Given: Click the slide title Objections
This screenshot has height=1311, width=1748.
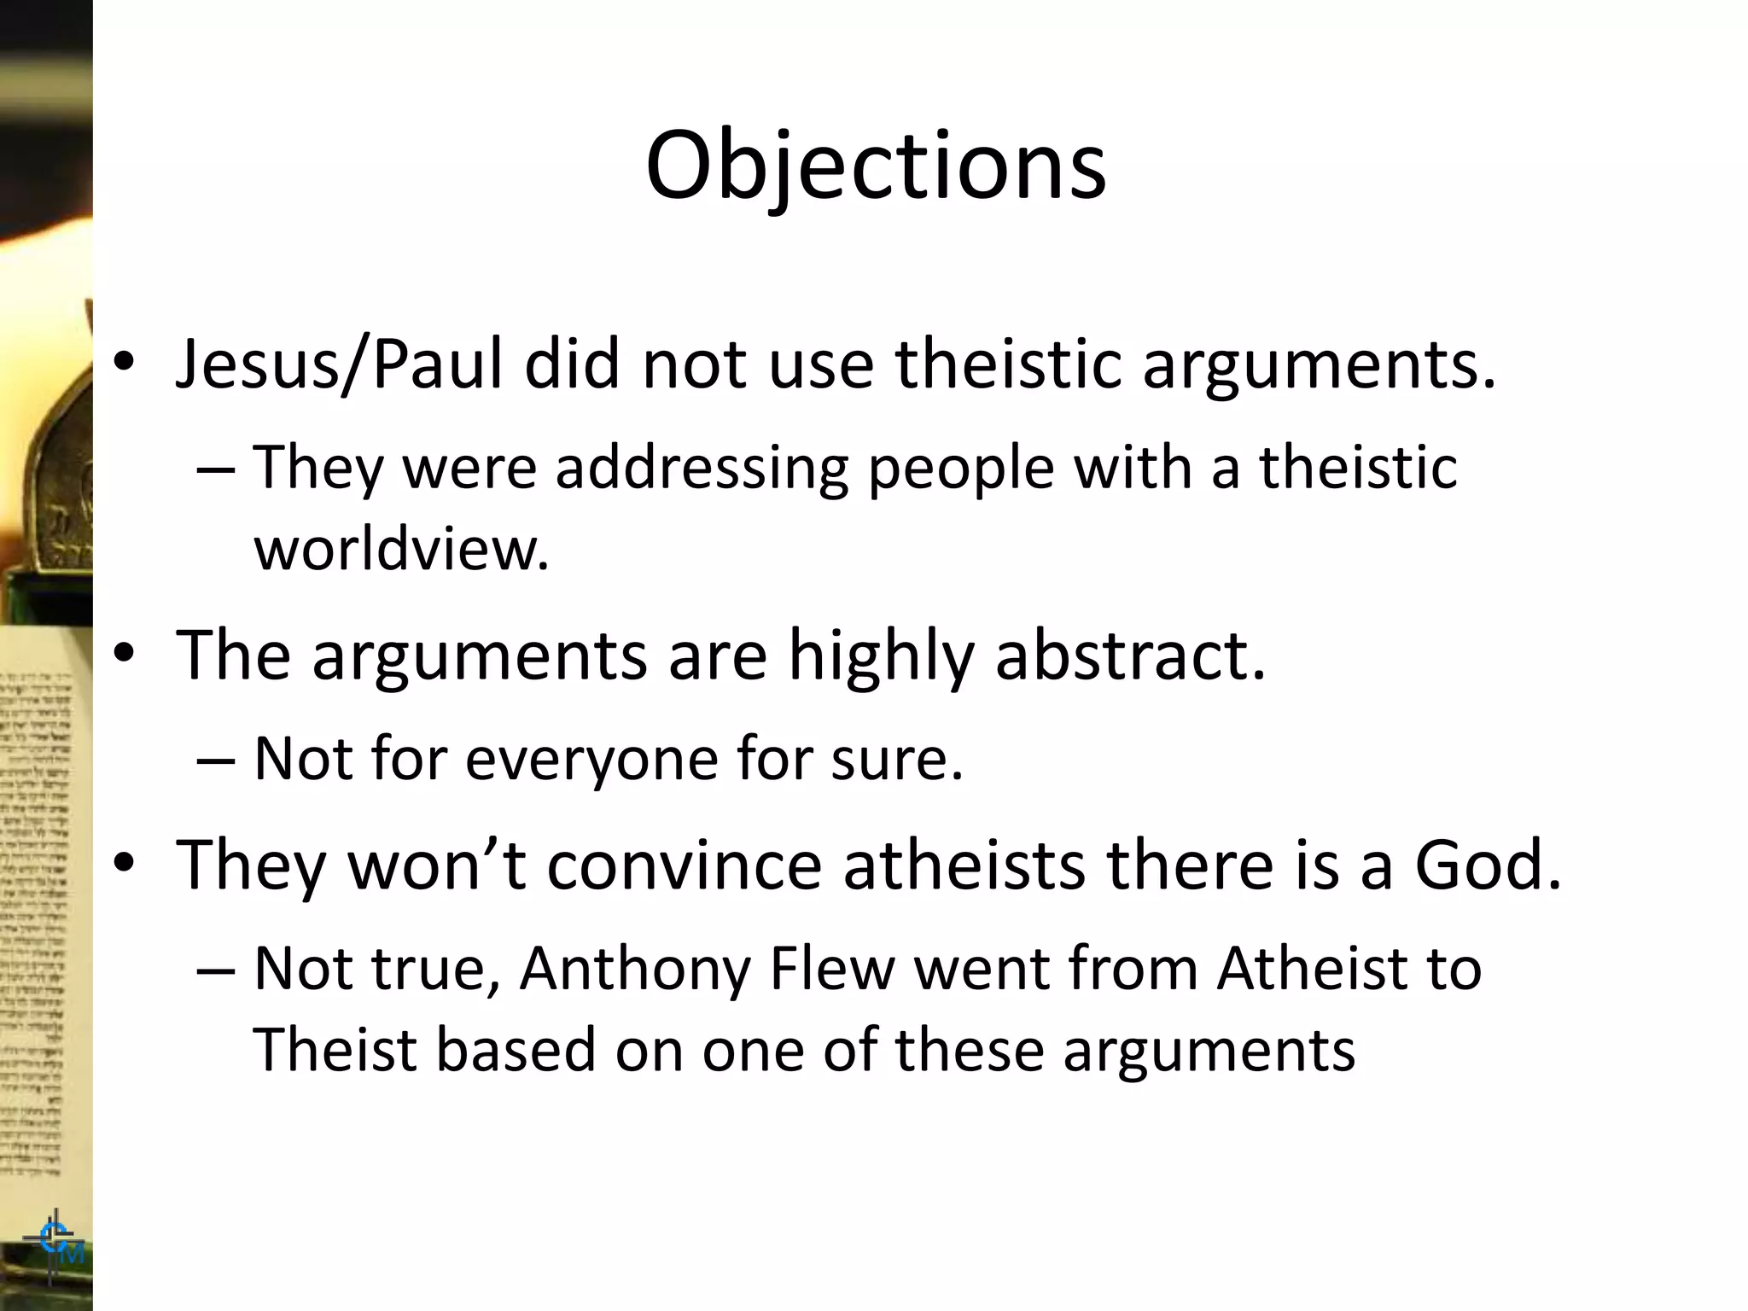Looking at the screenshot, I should [875, 166].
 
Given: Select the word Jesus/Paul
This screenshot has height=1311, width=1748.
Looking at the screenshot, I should [339, 365].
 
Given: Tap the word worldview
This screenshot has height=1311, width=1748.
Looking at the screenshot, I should [401, 548].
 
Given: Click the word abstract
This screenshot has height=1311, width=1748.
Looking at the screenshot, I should [1130, 655].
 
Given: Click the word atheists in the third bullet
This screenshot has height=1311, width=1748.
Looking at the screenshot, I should [964, 865].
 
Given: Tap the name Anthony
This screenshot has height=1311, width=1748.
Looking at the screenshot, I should [634, 970].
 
